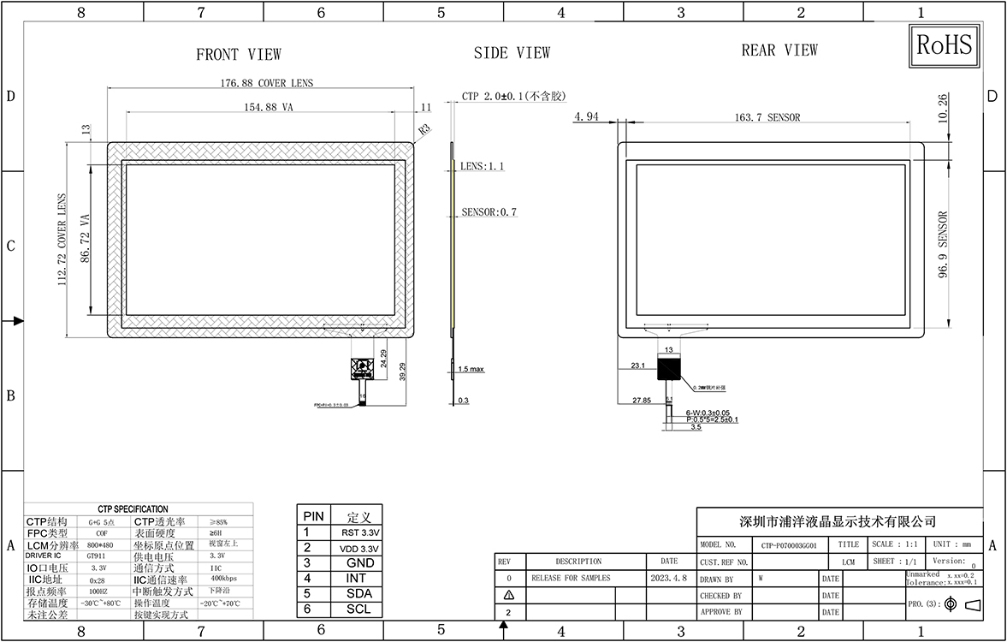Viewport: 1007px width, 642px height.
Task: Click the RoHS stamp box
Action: [x=945, y=46]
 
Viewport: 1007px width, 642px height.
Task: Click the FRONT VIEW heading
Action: [x=239, y=55]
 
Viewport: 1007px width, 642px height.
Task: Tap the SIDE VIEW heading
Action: [x=512, y=53]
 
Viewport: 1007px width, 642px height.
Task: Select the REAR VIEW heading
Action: [x=779, y=51]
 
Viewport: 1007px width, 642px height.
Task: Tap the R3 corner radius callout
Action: [x=424, y=129]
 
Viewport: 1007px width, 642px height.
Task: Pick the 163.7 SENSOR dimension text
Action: [x=767, y=117]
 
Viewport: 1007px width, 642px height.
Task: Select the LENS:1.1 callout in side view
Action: [x=482, y=166]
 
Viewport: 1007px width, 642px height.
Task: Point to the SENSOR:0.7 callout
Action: [x=489, y=211]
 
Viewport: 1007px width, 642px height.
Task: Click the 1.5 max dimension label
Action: [x=471, y=369]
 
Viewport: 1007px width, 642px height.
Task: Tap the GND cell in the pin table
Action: [x=360, y=563]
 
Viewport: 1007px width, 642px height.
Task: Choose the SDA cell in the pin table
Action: [x=360, y=594]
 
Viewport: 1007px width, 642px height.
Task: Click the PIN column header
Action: [x=314, y=517]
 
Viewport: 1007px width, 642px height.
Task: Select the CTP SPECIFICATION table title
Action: [x=133, y=509]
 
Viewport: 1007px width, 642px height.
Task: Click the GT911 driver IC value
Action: [x=98, y=555]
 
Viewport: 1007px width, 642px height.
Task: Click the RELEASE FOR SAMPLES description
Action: [x=571, y=578]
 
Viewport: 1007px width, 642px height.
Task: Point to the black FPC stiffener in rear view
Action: [x=668, y=369]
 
